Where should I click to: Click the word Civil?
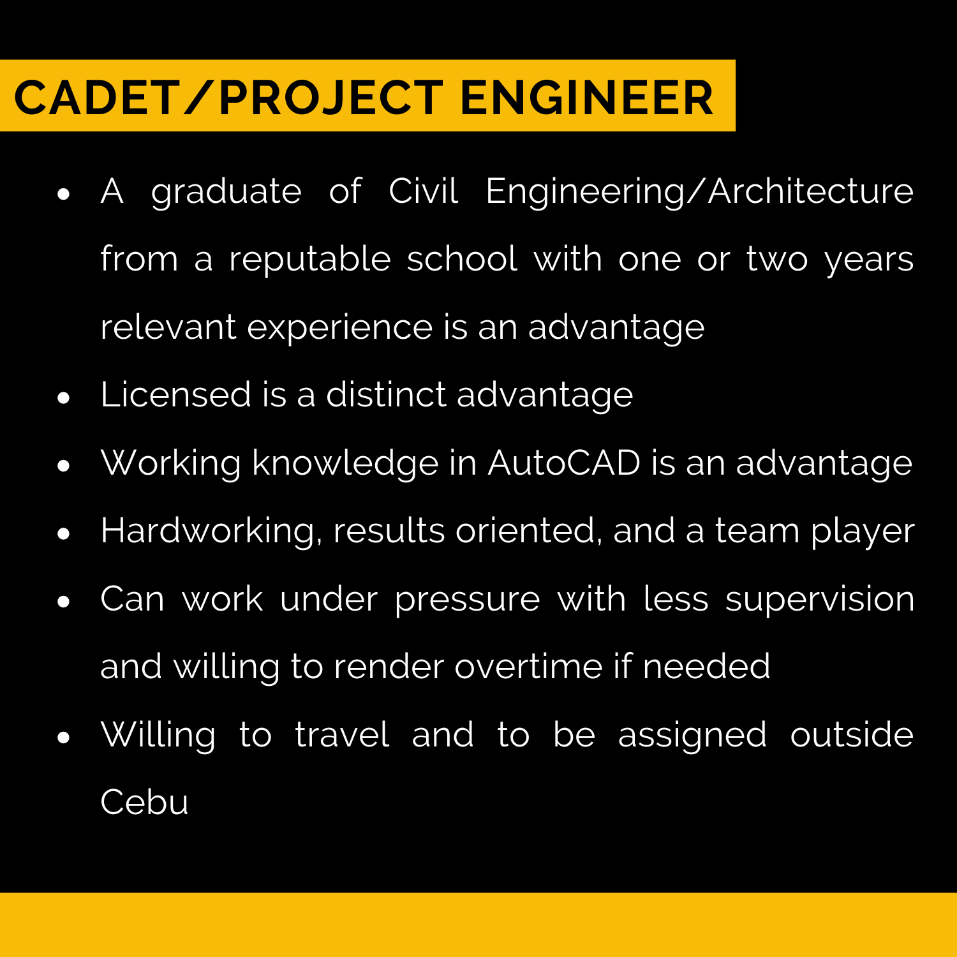(423, 191)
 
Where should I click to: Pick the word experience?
(340, 328)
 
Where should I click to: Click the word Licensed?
(175, 394)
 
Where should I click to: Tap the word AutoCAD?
(564, 463)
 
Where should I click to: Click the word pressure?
(467, 600)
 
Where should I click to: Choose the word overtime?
(529, 667)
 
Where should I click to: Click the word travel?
(342, 734)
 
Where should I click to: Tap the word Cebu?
(145, 802)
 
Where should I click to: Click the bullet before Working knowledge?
(63, 466)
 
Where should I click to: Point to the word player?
(863, 531)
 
